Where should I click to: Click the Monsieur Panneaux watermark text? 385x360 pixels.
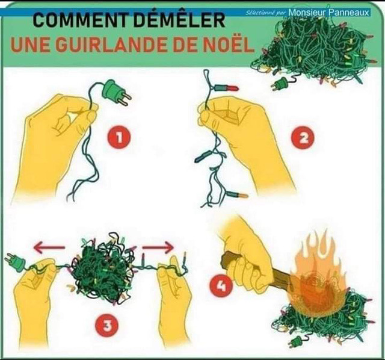tap(329, 12)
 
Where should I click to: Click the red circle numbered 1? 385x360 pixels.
tap(119, 137)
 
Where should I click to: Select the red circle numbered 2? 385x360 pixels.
tap(304, 138)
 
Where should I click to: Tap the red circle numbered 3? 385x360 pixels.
tap(107, 326)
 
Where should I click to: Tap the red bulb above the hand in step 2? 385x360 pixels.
tap(226, 88)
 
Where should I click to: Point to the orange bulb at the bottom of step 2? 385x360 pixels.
tap(236, 196)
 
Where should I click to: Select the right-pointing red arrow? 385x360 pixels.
tap(158, 247)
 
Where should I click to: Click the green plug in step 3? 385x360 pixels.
tap(15, 263)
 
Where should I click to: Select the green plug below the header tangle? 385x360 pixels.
tap(279, 83)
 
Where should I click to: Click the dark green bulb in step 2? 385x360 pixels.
tap(203, 157)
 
